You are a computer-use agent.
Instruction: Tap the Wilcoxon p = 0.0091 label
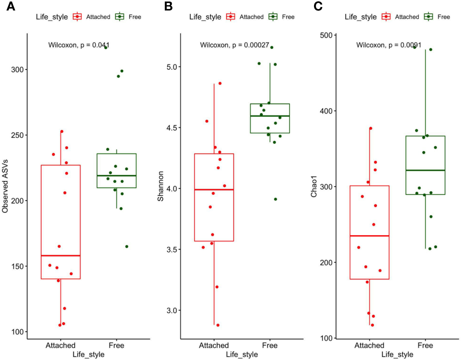point(389,45)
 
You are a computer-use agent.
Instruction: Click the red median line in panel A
point(60,256)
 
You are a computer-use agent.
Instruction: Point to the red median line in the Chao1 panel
point(369,236)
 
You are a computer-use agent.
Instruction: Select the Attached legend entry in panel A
point(90,17)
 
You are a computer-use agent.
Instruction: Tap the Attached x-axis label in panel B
point(214,345)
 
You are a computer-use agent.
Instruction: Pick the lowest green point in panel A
point(127,246)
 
